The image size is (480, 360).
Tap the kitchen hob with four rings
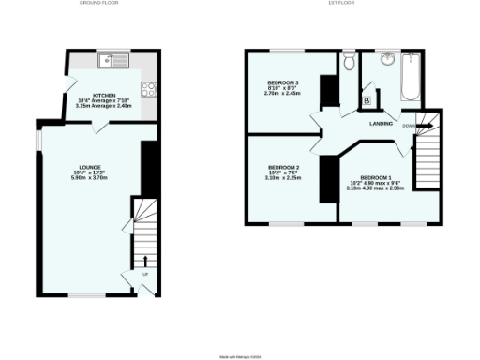point(148,90)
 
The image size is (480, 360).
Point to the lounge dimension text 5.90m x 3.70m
point(89,178)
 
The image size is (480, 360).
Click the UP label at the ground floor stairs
point(146,275)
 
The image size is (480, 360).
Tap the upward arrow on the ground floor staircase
point(146,260)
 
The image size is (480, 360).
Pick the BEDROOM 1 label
point(377,177)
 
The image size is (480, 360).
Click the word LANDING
point(382,123)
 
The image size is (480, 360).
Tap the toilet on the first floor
point(349,62)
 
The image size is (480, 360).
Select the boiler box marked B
point(367,100)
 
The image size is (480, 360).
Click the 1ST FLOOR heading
point(340,4)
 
